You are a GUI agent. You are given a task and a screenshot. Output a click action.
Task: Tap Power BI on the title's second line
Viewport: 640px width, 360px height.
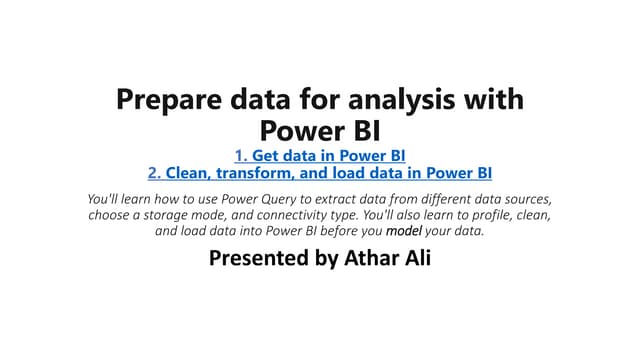coord(320,130)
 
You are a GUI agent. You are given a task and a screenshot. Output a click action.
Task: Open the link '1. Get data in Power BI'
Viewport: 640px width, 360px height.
coord(320,155)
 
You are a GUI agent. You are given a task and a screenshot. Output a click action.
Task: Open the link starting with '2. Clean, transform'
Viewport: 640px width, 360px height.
coord(320,172)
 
